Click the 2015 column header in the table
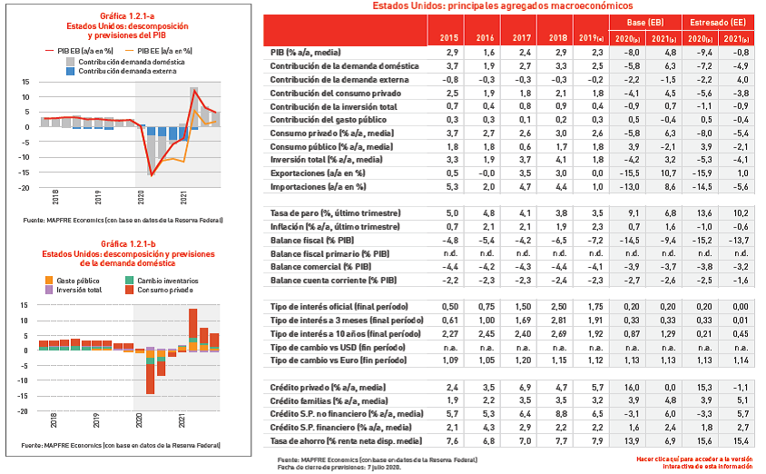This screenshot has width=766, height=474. click(x=448, y=39)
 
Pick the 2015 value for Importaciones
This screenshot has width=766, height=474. click(x=448, y=185)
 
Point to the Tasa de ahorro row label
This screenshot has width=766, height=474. click(x=347, y=440)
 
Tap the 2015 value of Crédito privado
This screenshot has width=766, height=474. click(x=448, y=388)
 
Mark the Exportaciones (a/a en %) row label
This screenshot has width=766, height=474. click(x=318, y=173)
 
